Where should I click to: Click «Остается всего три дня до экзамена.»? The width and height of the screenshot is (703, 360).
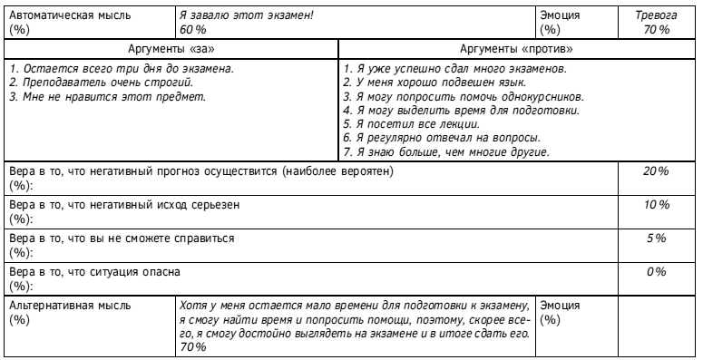[x=119, y=69]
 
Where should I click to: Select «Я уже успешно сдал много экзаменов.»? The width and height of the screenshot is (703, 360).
[x=456, y=69]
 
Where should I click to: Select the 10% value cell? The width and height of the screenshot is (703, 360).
[x=655, y=206]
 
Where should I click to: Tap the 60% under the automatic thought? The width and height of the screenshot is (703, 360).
[x=192, y=30]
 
